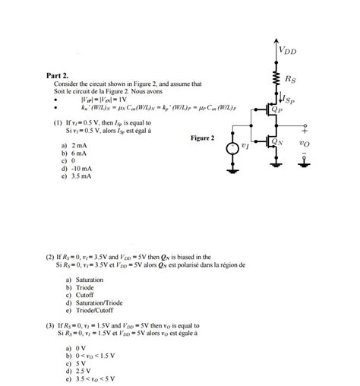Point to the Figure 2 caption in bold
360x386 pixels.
203,138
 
